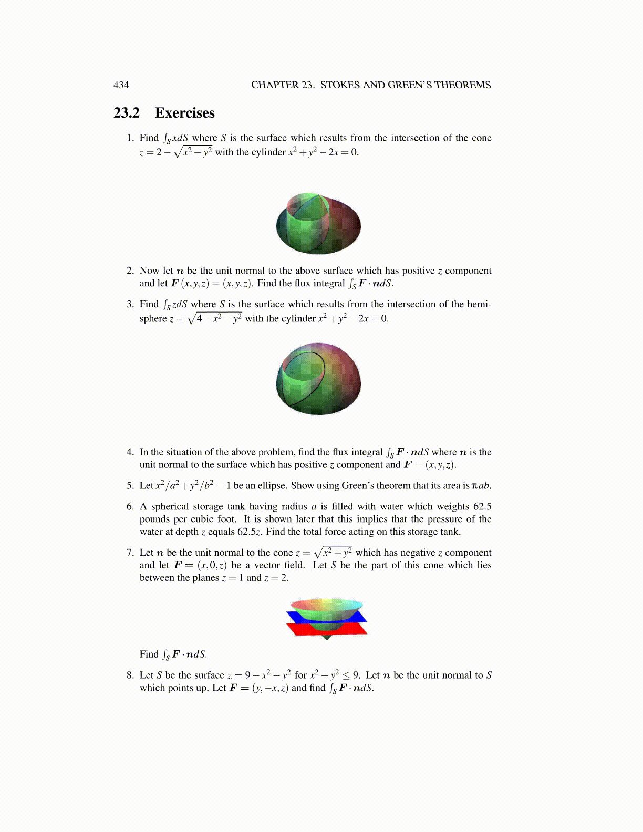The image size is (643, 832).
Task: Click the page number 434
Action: [x=121, y=85]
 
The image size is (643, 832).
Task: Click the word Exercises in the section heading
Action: [x=185, y=113]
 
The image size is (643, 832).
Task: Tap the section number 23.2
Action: [x=127, y=113]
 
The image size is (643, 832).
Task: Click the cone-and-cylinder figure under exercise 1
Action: [x=318, y=224]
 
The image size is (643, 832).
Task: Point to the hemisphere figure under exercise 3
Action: [x=318, y=378]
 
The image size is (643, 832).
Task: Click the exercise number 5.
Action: [x=130, y=485]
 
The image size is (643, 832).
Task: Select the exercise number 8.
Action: [x=130, y=675]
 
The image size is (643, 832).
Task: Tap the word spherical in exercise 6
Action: [x=171, y=506]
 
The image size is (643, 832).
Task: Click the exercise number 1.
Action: [x=130, y=138]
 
